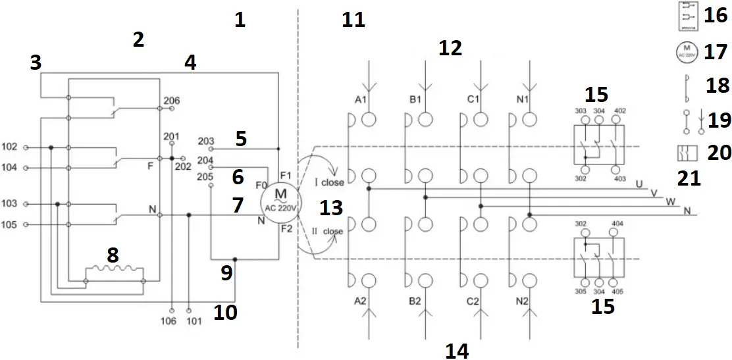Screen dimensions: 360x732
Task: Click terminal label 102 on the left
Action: tap(10, 147)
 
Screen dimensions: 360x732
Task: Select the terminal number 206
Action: tap(171, 101)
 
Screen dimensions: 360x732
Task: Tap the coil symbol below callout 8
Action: tap(116, 270)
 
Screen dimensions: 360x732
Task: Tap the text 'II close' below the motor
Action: tap(328, 232)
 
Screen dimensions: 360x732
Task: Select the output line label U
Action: tap(640, 183)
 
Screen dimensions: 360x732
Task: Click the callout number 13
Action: tap(331, 208)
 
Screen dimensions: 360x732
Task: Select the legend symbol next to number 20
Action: tap(686, 153)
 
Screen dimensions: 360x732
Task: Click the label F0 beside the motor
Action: tap(261, 185)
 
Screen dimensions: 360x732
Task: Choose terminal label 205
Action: tap(205, 176)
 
